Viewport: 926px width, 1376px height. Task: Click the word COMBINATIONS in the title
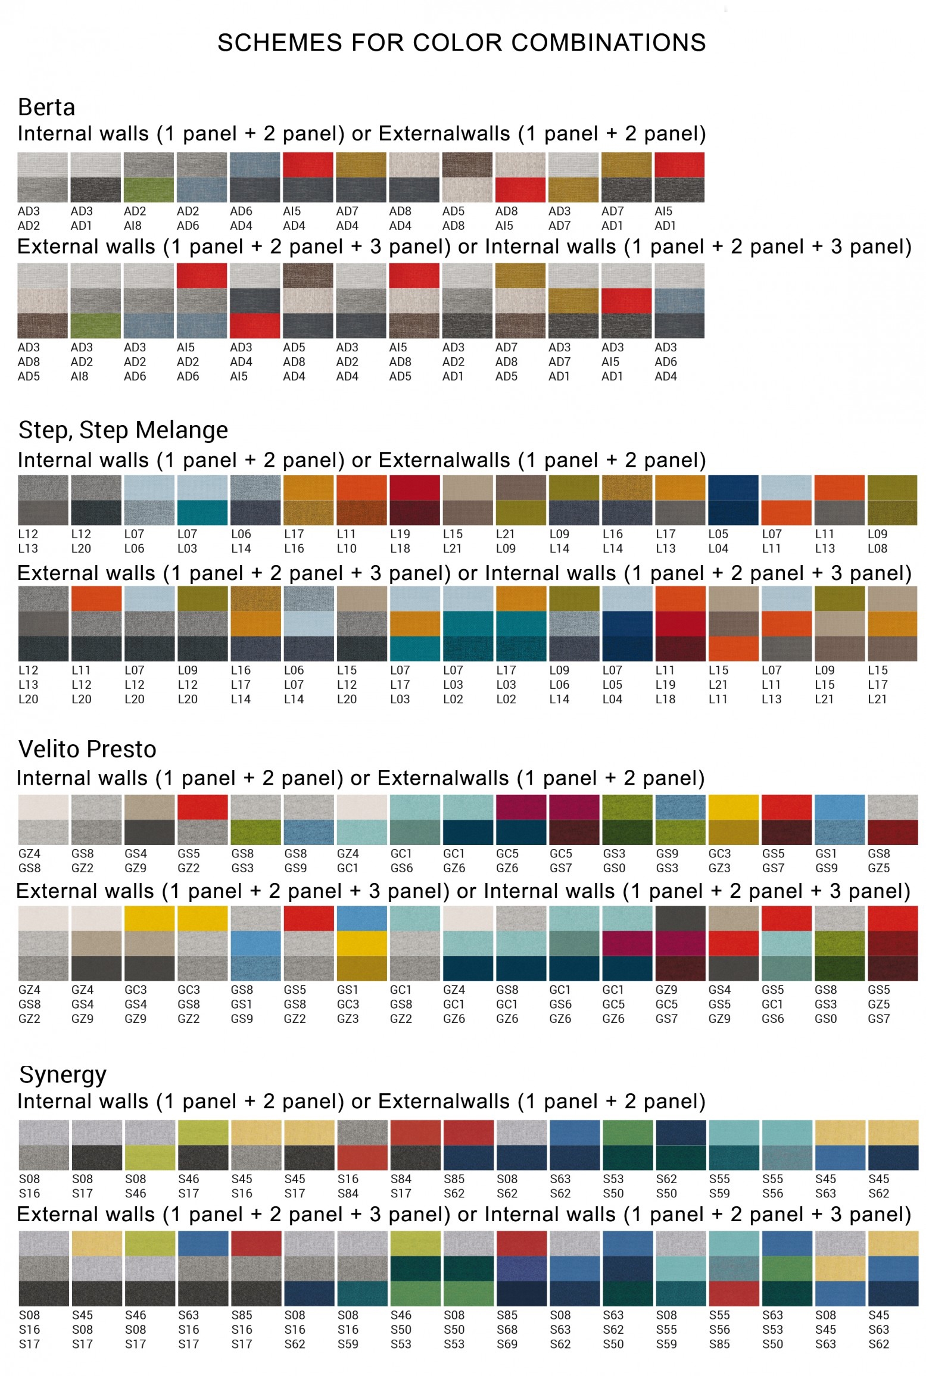pos(608,43)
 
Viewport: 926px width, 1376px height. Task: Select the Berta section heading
pos(46,107)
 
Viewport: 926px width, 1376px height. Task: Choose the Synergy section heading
pos(63,1075)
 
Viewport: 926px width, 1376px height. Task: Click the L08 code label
pos(877,548)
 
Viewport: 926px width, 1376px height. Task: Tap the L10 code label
pos(347,548)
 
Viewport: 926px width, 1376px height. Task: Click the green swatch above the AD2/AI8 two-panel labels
pos(149,190)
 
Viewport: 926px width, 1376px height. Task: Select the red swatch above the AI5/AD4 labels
pos(308,165)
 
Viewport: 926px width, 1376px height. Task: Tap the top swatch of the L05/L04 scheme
pos(733,488)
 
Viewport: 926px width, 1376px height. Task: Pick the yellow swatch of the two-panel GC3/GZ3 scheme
pos(733,807)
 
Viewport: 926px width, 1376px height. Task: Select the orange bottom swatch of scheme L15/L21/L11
pos(733,648)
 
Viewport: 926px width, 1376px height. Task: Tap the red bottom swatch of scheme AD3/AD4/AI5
pos(255,326)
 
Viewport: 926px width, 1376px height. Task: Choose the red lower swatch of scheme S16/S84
pos(362,1157)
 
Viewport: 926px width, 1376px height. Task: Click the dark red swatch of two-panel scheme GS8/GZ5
pos(893,832)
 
